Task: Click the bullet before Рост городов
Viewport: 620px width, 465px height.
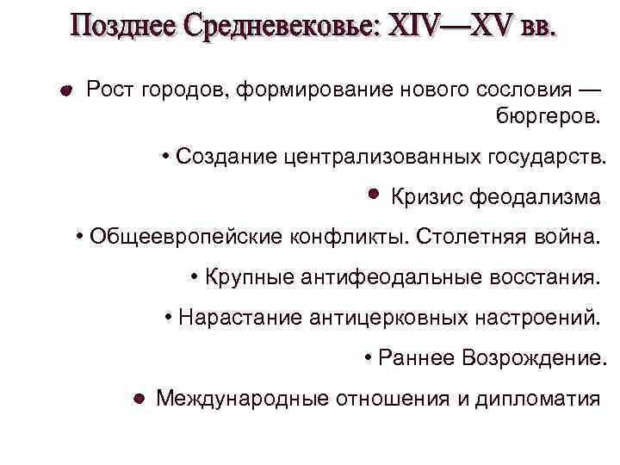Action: (x=65, y=90)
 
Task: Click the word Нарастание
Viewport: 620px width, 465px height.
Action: (x=239, y=318)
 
